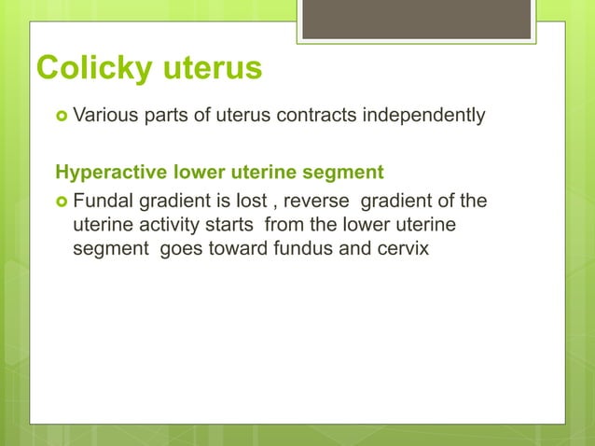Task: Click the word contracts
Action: click(x=322, y=117)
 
